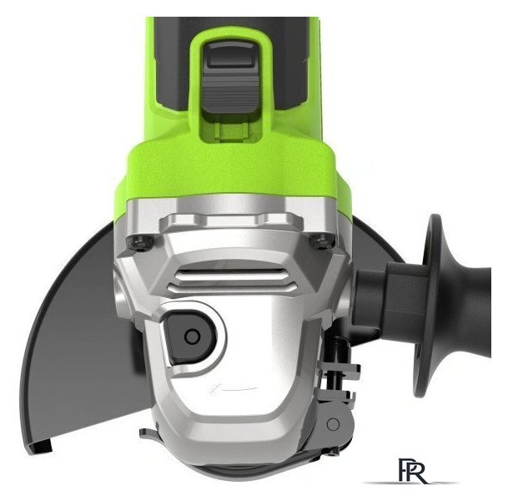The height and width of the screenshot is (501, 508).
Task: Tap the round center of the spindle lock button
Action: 192,337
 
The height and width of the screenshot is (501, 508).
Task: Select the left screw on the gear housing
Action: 139,241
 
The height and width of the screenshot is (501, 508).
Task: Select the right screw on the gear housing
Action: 320,241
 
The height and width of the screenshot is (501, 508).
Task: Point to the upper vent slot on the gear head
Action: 231,275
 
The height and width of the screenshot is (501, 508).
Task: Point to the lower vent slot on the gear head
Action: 231,288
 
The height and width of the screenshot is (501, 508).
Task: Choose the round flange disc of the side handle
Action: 430,305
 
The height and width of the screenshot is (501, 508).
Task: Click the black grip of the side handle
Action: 468,312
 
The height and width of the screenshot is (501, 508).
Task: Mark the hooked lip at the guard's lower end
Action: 39,446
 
